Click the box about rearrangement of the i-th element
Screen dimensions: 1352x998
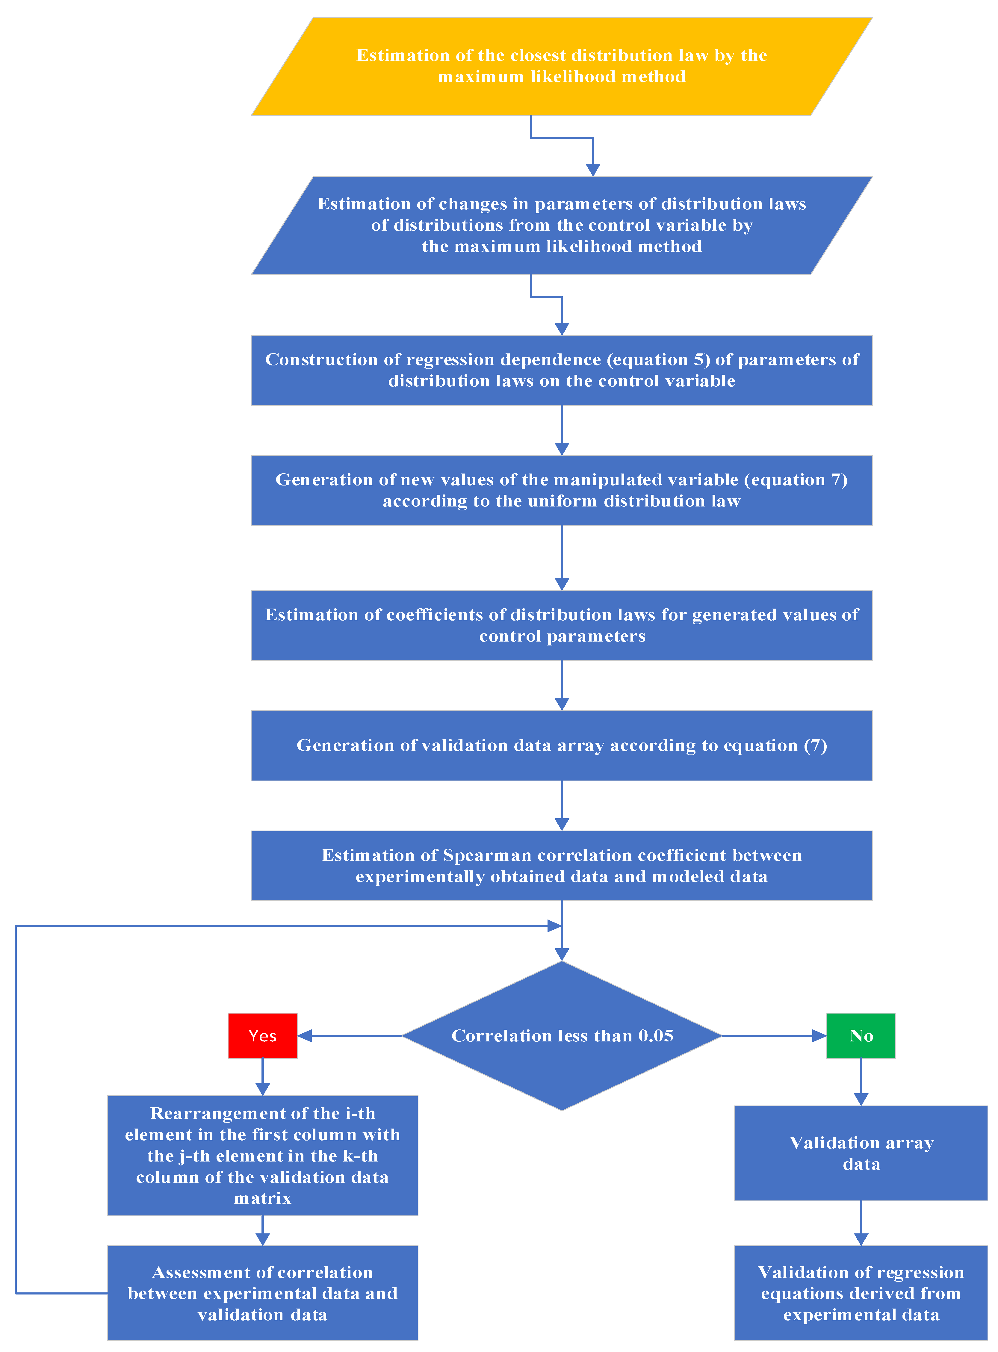click(x=262, y=1155)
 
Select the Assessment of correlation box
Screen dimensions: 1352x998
click(x=262, y=1293)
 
